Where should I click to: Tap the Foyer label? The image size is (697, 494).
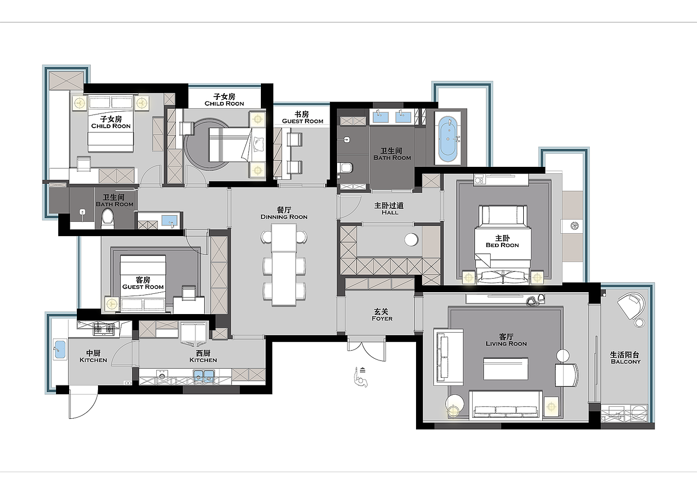(382, 315)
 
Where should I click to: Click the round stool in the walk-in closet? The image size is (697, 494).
(411, 240)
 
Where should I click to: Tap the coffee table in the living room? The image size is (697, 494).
(506, 369)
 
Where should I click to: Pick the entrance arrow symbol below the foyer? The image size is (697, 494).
(360, 377)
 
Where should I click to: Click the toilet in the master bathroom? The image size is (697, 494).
(346, 168)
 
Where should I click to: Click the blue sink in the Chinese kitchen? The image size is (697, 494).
(59, 349)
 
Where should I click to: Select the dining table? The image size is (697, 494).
(284, 264)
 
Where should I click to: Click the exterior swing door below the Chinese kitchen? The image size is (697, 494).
(83, 403)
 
